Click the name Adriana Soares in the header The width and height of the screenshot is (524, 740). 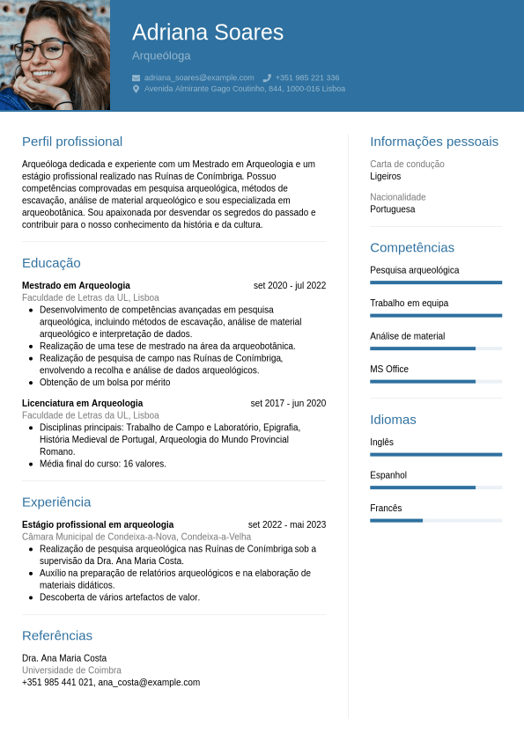click(x=208, y=33)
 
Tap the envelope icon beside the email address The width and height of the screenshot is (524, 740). click(x=136, y=77)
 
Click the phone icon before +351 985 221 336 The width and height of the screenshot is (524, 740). click(x=267, y=77)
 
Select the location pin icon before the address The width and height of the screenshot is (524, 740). click(x=136, y=89)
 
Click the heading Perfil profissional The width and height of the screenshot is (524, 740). click(x=72, y=142)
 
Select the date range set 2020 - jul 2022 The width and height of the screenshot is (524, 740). click(x=290, y=285)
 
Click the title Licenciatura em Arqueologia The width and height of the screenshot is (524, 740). click(x=82, y=403)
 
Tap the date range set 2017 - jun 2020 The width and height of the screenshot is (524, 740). click(x=288, y=403)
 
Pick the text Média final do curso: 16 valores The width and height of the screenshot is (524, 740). click(x=102, y=464)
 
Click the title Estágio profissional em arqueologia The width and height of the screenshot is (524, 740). click(x=98, y=524)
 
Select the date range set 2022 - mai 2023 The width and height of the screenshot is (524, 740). click(x=287, y=524)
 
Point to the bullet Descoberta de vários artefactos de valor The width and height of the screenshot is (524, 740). click(x=120, y=597)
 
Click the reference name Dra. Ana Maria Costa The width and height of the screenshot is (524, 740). click(x=64, y=658)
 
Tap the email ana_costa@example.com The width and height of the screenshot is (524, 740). click(x=149, y=682)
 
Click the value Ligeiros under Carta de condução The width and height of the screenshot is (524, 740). click(x=386, y=176)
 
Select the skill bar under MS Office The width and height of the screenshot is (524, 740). click(x=436, y=382)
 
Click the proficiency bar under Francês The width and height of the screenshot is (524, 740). click(x=436, y=520)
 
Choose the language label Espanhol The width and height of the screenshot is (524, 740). click(x=388, y=475)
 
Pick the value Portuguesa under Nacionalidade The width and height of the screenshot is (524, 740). click(x=393, y=209)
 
